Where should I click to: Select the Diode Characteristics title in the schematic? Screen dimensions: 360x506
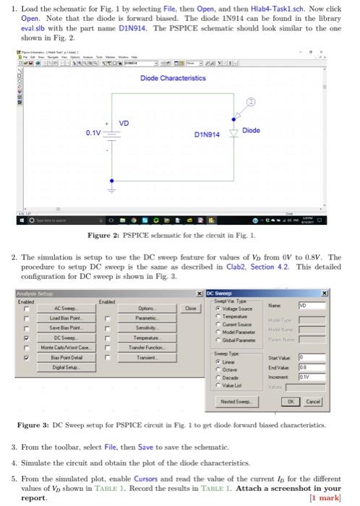click(174, 77)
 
